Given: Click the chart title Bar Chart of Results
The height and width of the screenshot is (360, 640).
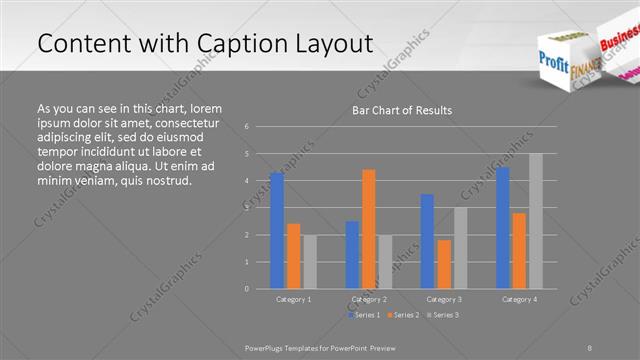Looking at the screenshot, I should pos(402,110).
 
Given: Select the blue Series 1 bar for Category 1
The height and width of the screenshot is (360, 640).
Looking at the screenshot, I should pos(277,230).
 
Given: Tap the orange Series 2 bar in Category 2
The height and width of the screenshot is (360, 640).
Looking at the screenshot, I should pos(369,229).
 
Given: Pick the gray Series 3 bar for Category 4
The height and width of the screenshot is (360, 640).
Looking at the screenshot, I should pos(535,221).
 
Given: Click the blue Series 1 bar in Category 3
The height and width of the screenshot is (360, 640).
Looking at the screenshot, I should pos(427,241).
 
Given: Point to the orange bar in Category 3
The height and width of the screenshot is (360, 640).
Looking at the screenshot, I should pos(444,264).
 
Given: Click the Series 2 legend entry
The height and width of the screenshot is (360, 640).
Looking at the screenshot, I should pos(402,315).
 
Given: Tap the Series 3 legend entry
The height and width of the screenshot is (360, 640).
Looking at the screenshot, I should pos(443,315).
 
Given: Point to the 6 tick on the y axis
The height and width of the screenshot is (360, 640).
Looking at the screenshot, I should pos(247,127).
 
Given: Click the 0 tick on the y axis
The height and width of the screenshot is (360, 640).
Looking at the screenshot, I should pos(247,289).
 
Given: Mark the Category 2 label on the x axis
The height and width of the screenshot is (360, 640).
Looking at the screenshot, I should pos(369,299).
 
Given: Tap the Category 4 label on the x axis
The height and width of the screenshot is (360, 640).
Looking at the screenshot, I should pos(519,299).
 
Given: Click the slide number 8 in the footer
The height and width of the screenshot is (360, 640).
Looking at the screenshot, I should pos(590,347).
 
